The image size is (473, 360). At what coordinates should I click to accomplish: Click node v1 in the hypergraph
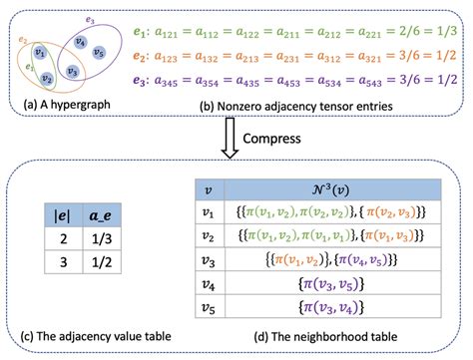[x=39, y=52]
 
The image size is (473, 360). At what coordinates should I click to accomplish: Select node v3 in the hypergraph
[x=72, y=72]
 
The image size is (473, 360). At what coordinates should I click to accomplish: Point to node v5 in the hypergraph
[x=98, y=51]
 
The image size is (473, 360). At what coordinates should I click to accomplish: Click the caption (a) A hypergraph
[x=58, y=104]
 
